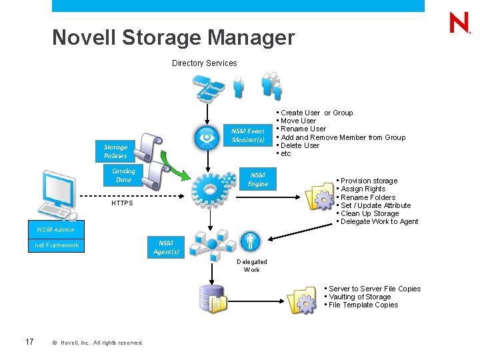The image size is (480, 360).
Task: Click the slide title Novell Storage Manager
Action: coord(173,37)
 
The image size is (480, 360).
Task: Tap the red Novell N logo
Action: coord(459,23)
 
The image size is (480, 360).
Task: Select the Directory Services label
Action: coord(204,63)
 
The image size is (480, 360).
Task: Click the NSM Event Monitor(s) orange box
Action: coord(248,135)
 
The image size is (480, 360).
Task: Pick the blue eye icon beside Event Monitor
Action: coord(207,138)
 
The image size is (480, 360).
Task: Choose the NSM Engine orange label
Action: coord(257,179)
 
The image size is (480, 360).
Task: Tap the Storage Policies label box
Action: coord(115,151)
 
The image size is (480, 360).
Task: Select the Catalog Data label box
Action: coord(123,175)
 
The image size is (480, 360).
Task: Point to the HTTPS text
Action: coord(122,203)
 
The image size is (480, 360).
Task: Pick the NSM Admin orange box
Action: coord(56,230)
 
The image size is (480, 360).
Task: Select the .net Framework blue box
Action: coord(56,245)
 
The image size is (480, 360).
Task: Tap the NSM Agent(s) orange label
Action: coord(166,247)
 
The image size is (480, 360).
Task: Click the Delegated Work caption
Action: coord(251,265)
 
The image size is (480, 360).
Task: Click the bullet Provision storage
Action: coord(368,181)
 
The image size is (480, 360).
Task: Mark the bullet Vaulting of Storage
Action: coord(359,297)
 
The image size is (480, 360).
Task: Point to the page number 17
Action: coord(29,342)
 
